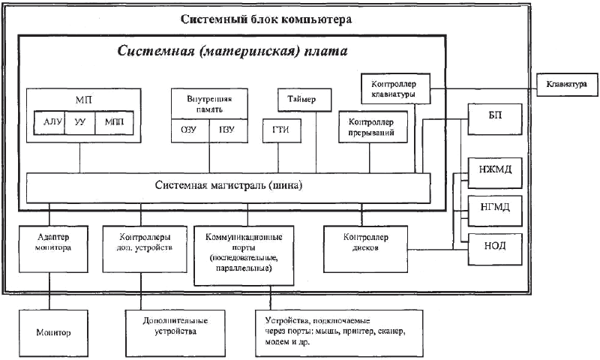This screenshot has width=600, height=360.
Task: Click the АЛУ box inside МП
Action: pyautogui.click(x=49, y=122)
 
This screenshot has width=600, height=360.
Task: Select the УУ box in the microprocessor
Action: pyautogui.click(x=79, y=122)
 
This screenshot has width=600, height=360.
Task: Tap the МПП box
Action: pyautogui.click(x=114, y=122)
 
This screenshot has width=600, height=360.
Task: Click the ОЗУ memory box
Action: pyautogui.click(x=190, y=130)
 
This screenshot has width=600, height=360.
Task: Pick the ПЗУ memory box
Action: pyautogui.click(x=227, y=130)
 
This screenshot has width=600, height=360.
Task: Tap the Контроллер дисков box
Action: pyautogui.click(x=364, y=246)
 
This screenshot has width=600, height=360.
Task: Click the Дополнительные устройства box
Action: pyautogui.click(x=174, y=326)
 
